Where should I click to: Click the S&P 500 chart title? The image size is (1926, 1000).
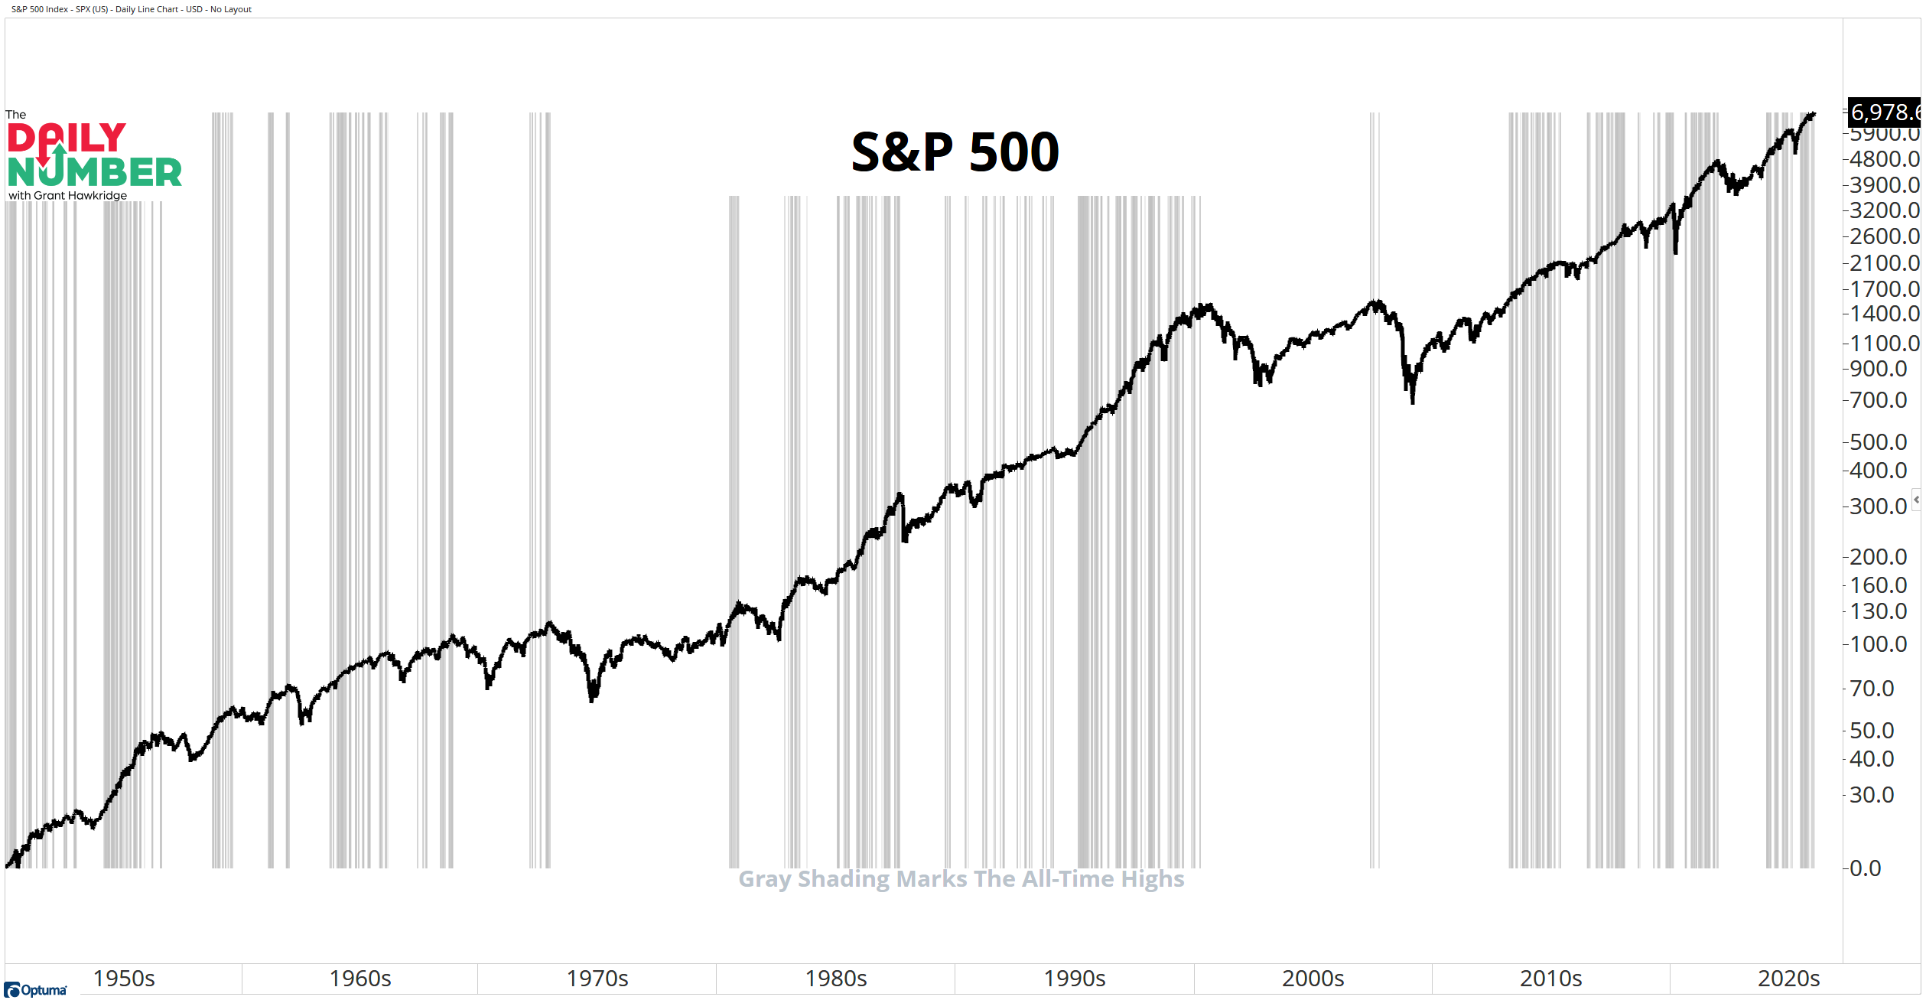955,151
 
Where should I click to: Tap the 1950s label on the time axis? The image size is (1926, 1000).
124,979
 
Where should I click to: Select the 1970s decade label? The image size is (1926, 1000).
597,979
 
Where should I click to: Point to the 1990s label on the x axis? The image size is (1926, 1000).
1075,979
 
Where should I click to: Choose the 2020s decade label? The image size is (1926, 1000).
1788,979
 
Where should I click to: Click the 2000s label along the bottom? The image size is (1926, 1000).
1313,979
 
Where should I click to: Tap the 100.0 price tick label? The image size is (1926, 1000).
1878,644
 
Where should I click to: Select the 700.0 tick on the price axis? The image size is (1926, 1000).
1878,400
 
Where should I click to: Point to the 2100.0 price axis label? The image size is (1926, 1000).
1884,263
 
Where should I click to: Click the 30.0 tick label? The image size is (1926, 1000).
1872,795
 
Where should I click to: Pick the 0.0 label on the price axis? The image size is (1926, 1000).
1866,868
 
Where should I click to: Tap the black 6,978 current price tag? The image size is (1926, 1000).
1884,112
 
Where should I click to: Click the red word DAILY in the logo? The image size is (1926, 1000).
67,138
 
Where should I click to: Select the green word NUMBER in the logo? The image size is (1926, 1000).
95,172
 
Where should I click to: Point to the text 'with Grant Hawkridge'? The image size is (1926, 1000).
68,196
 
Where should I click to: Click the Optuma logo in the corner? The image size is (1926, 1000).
35,990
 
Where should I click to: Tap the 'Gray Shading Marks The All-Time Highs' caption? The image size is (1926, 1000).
961,879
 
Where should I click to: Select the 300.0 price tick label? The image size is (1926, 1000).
1878,507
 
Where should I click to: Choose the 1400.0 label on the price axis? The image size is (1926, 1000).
1884,314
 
